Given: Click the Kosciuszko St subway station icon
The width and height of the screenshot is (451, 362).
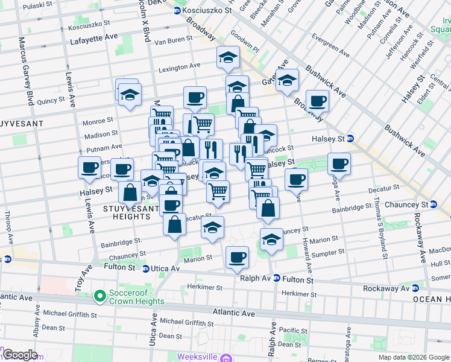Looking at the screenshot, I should [177, 11].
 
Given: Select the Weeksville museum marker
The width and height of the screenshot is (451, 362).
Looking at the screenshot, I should [226, 358].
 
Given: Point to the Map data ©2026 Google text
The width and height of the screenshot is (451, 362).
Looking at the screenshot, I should [414, 357].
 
